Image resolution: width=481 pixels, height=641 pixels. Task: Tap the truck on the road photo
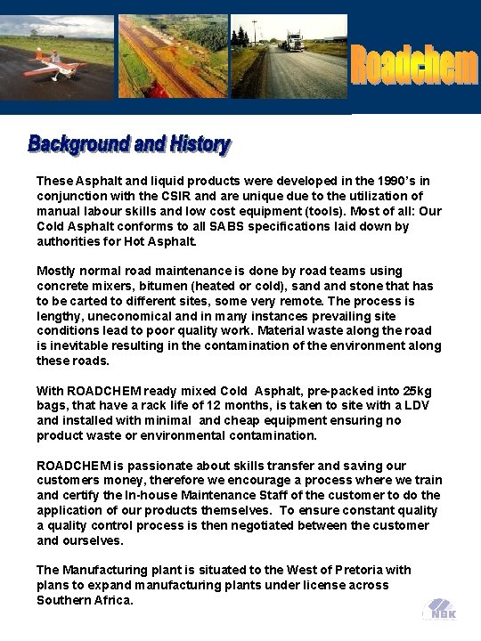[295, 43]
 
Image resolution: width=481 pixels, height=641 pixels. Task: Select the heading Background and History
[129, 144]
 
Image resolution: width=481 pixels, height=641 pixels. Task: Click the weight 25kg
[418, 391]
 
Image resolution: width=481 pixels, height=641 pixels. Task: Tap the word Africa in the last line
[114, 600]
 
